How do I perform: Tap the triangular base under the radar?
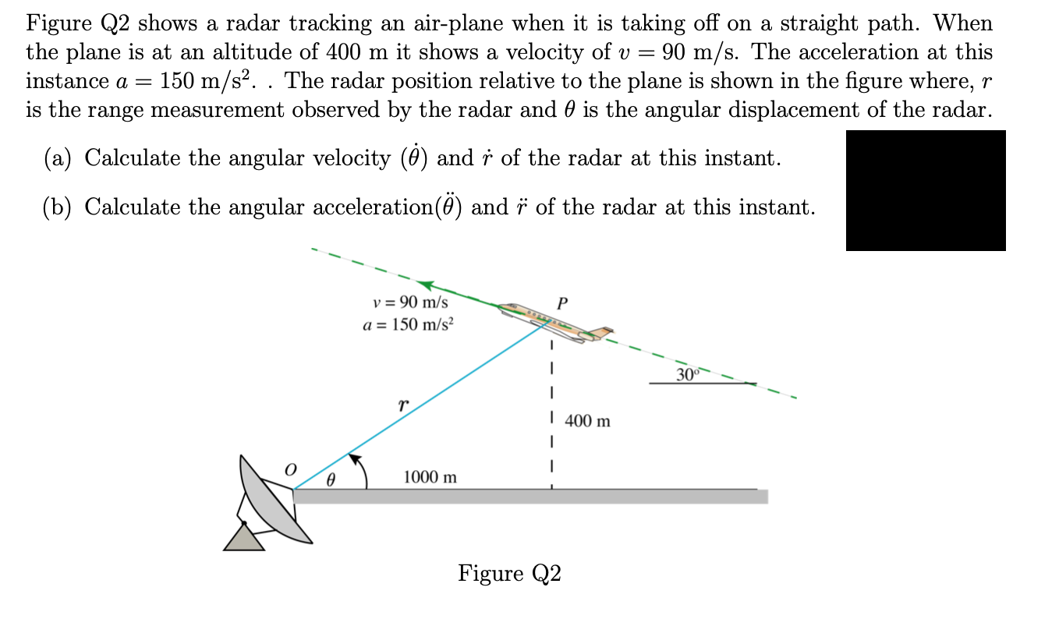(244, 537)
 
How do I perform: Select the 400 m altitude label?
(587, 422)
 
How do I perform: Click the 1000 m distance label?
(430, 477)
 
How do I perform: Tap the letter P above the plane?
(563, 302)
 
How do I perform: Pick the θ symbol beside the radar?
(330, 482)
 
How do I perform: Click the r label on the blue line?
(402, 406)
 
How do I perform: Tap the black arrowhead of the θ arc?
(354, 457)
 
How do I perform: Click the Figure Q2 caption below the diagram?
(509, 574)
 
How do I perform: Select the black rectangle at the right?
(926, 190)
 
